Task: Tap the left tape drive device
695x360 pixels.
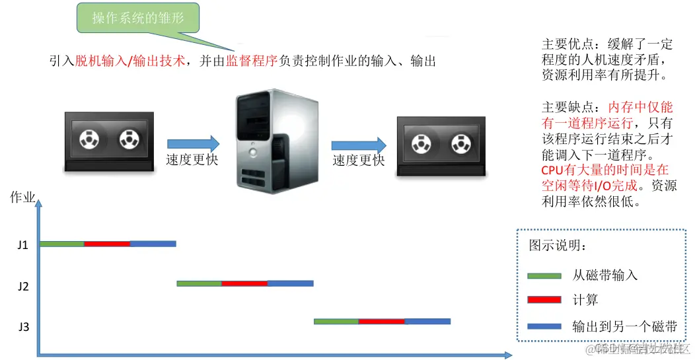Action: point(110,141)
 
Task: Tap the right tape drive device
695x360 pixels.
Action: point(441,147)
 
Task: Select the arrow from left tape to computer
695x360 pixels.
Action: point(193,143)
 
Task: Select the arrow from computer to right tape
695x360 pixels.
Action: point(358,145)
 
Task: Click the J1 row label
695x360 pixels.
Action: point(22,245)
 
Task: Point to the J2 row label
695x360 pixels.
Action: point(23,286)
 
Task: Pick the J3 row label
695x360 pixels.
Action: point(23,326)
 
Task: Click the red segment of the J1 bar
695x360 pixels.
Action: point(107,244)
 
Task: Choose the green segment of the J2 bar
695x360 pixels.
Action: point(199,284)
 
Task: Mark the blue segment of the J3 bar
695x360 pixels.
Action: point(427,322)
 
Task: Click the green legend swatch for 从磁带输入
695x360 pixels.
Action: point(544,275)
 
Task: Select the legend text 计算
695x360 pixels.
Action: point(585,300)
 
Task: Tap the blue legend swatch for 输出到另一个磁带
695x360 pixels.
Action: point(544,326)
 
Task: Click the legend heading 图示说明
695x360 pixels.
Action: point(556,246)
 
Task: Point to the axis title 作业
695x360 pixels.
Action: point(22,197)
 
